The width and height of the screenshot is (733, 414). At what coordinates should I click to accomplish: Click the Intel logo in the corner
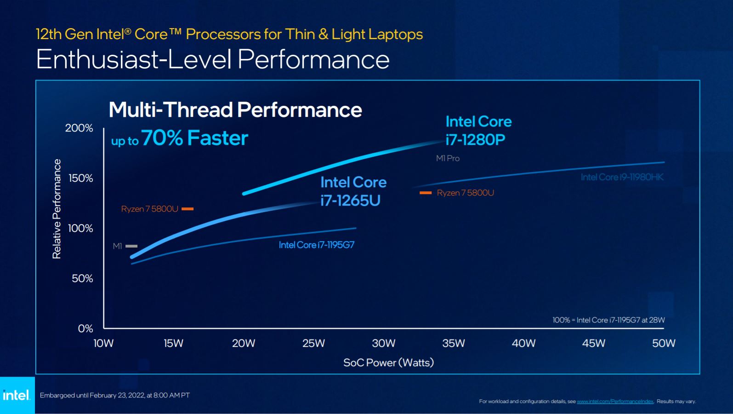click(x=17, y=395)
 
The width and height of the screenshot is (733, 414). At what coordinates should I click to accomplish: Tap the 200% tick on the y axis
click(x=79, y=128)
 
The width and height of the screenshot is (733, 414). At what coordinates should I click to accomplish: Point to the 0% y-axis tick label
click(x=85, y=328)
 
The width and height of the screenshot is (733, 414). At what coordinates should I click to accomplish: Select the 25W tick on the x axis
click(x=313, y=343)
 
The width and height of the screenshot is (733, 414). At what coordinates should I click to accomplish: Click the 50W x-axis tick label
click(x=664, y=343)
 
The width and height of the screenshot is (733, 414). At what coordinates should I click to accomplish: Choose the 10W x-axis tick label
click(x=103, y=343)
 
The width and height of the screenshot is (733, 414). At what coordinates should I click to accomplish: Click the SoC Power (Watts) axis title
click(x=388, y=362)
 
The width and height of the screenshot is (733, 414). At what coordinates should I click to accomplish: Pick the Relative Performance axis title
click(x=57, y=209)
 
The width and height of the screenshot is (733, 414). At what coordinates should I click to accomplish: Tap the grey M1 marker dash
click(x=131, y=246)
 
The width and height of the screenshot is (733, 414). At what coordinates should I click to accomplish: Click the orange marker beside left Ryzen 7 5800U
click(x=188, y=209)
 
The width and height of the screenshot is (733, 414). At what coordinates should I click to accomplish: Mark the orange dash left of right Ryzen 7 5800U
click(x=426, y=193)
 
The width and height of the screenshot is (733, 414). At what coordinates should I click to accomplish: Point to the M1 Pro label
click(x=448, y=158)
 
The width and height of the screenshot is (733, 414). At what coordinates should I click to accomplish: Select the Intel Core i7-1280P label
click(x=478, y=131)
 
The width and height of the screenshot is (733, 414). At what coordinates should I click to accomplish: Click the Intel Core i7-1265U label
click(x=353, y=191)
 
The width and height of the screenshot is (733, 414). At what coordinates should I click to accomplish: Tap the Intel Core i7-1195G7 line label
click(x=316, y=245)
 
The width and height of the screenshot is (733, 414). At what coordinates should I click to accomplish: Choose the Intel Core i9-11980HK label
click(x=622, y=177)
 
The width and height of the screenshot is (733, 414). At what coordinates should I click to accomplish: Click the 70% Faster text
click(x=194, y=138)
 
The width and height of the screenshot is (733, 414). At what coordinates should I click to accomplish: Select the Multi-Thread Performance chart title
click(x=235, y=110)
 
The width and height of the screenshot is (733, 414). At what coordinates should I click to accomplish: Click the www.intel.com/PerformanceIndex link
click(x=615, y=402)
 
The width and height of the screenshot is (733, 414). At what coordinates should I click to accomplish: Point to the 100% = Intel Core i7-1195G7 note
click(x=608, y=320)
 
